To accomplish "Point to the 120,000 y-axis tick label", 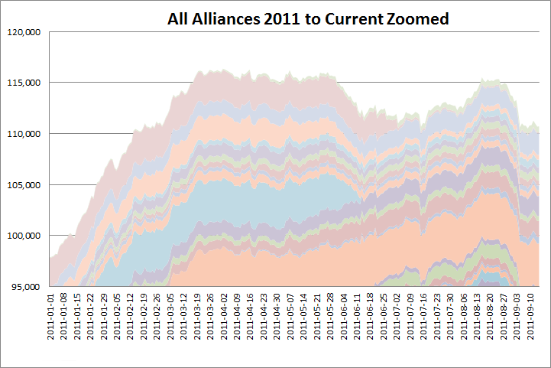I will click(25, 32).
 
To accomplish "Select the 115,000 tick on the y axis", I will click(25, 83).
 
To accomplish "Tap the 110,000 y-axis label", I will click(25, 134).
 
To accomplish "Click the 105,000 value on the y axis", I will click(25, 184).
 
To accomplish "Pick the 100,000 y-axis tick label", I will click(25, 236).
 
